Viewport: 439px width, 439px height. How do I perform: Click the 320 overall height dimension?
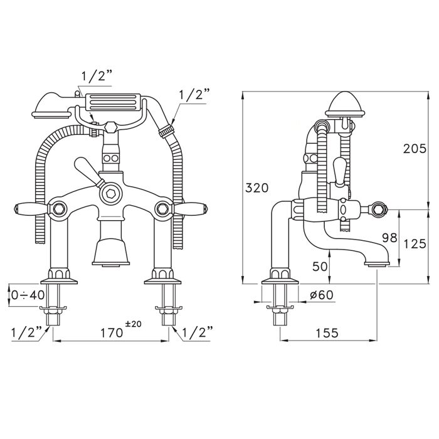click(257, 188)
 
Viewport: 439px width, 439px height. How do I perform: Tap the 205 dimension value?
click(415, 149)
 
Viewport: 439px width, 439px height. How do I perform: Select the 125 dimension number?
click(415, 243)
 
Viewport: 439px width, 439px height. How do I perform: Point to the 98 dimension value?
click(390, 238)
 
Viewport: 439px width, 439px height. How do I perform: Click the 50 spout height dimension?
click(320, 267)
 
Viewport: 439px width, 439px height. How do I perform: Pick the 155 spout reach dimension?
click(327, 333)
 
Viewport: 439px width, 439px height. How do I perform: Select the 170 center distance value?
click(112, 333)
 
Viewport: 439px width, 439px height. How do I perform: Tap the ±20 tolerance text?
click(133, 324)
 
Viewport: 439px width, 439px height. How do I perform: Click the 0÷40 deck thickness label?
click(28, 295)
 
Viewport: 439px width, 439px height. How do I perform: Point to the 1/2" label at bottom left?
click(26, 333)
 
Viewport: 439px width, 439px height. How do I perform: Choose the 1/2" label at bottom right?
click(197, 333)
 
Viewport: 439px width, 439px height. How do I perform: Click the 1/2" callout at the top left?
click(97, 77)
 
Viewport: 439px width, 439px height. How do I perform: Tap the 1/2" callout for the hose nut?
click(194, 95)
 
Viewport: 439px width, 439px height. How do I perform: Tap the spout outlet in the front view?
click(111, 264)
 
